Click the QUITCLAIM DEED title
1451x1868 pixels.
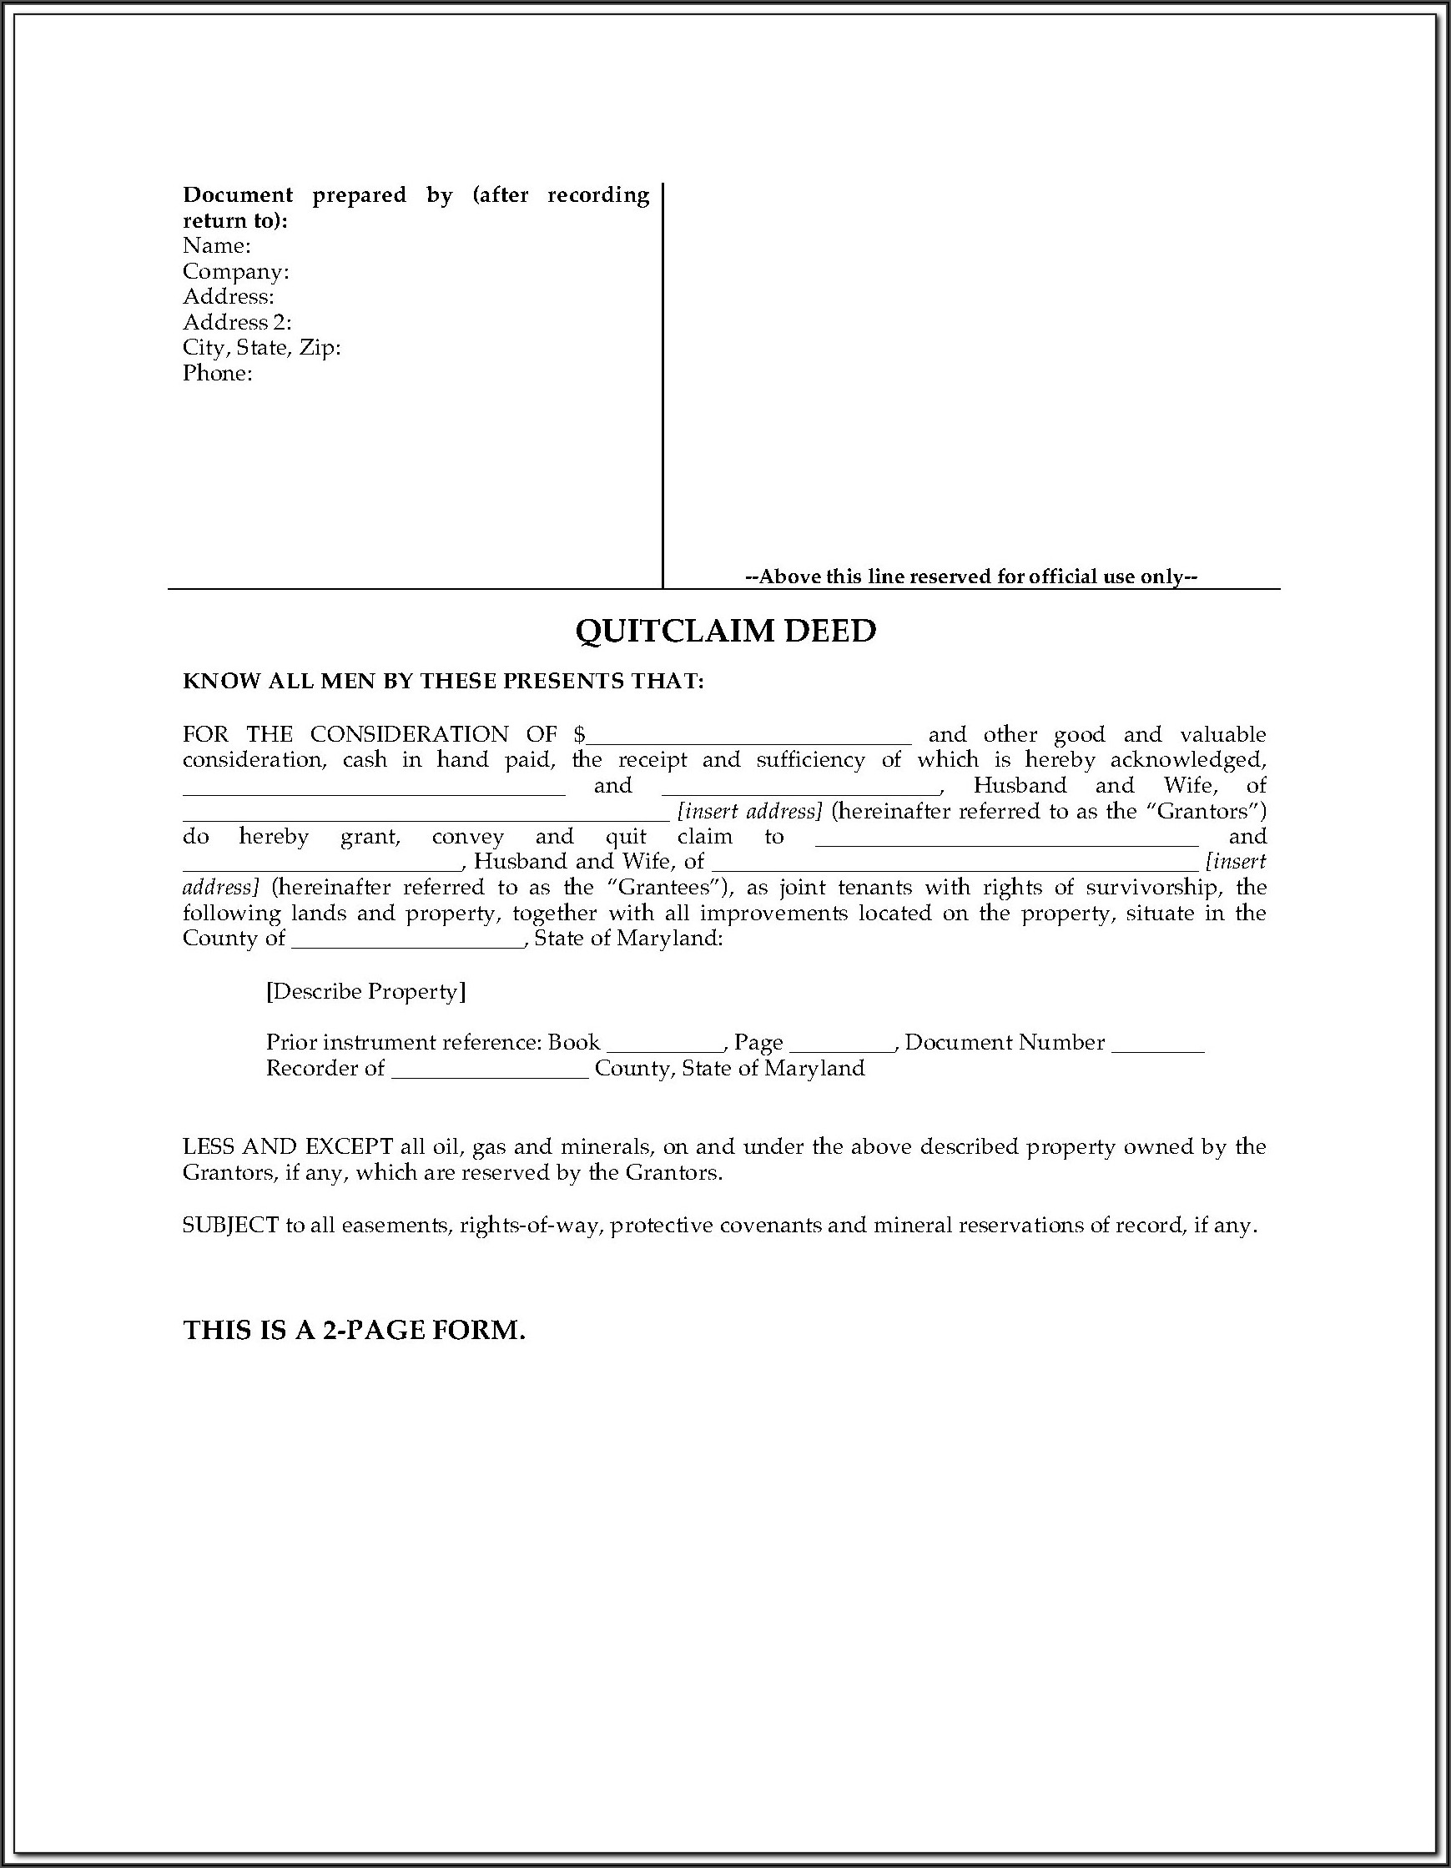click(726, 632)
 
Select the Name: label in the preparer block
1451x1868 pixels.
click(216, 246)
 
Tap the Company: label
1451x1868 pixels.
click(235, 272)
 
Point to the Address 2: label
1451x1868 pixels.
click(237, 322)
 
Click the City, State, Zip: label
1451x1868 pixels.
click(262, 348)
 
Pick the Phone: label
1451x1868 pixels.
click(217, 373)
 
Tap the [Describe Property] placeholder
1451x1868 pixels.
click(366, 991)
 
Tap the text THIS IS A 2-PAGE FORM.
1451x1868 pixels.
click(354, 1330)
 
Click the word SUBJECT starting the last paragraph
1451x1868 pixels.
click(231, 1226)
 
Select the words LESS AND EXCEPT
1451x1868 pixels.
click(288, 1147)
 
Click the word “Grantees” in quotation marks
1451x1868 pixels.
click(669, 887)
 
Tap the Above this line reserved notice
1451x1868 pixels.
click(971, 577)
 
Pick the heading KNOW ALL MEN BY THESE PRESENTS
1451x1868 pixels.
click(442, 682)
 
